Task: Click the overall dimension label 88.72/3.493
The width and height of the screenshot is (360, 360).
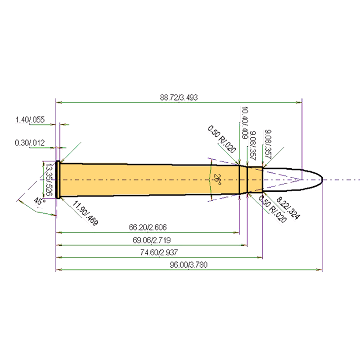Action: pos(179,97)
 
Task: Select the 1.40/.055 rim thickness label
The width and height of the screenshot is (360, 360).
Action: pos(30,120)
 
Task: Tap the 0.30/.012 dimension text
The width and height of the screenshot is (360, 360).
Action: pos(30,143)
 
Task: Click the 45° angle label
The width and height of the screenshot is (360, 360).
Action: pos(40,202)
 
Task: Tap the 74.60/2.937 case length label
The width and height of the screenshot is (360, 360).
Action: pos(158,253)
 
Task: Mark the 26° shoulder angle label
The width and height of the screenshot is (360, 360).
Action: pos(217,180)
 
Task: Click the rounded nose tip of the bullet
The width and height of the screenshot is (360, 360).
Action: pos(321,179)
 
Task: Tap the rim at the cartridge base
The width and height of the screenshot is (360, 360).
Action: pos(58,179)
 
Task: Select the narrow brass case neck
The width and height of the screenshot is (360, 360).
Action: pos(255,179)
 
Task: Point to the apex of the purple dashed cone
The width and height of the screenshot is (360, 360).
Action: pos(298,180)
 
